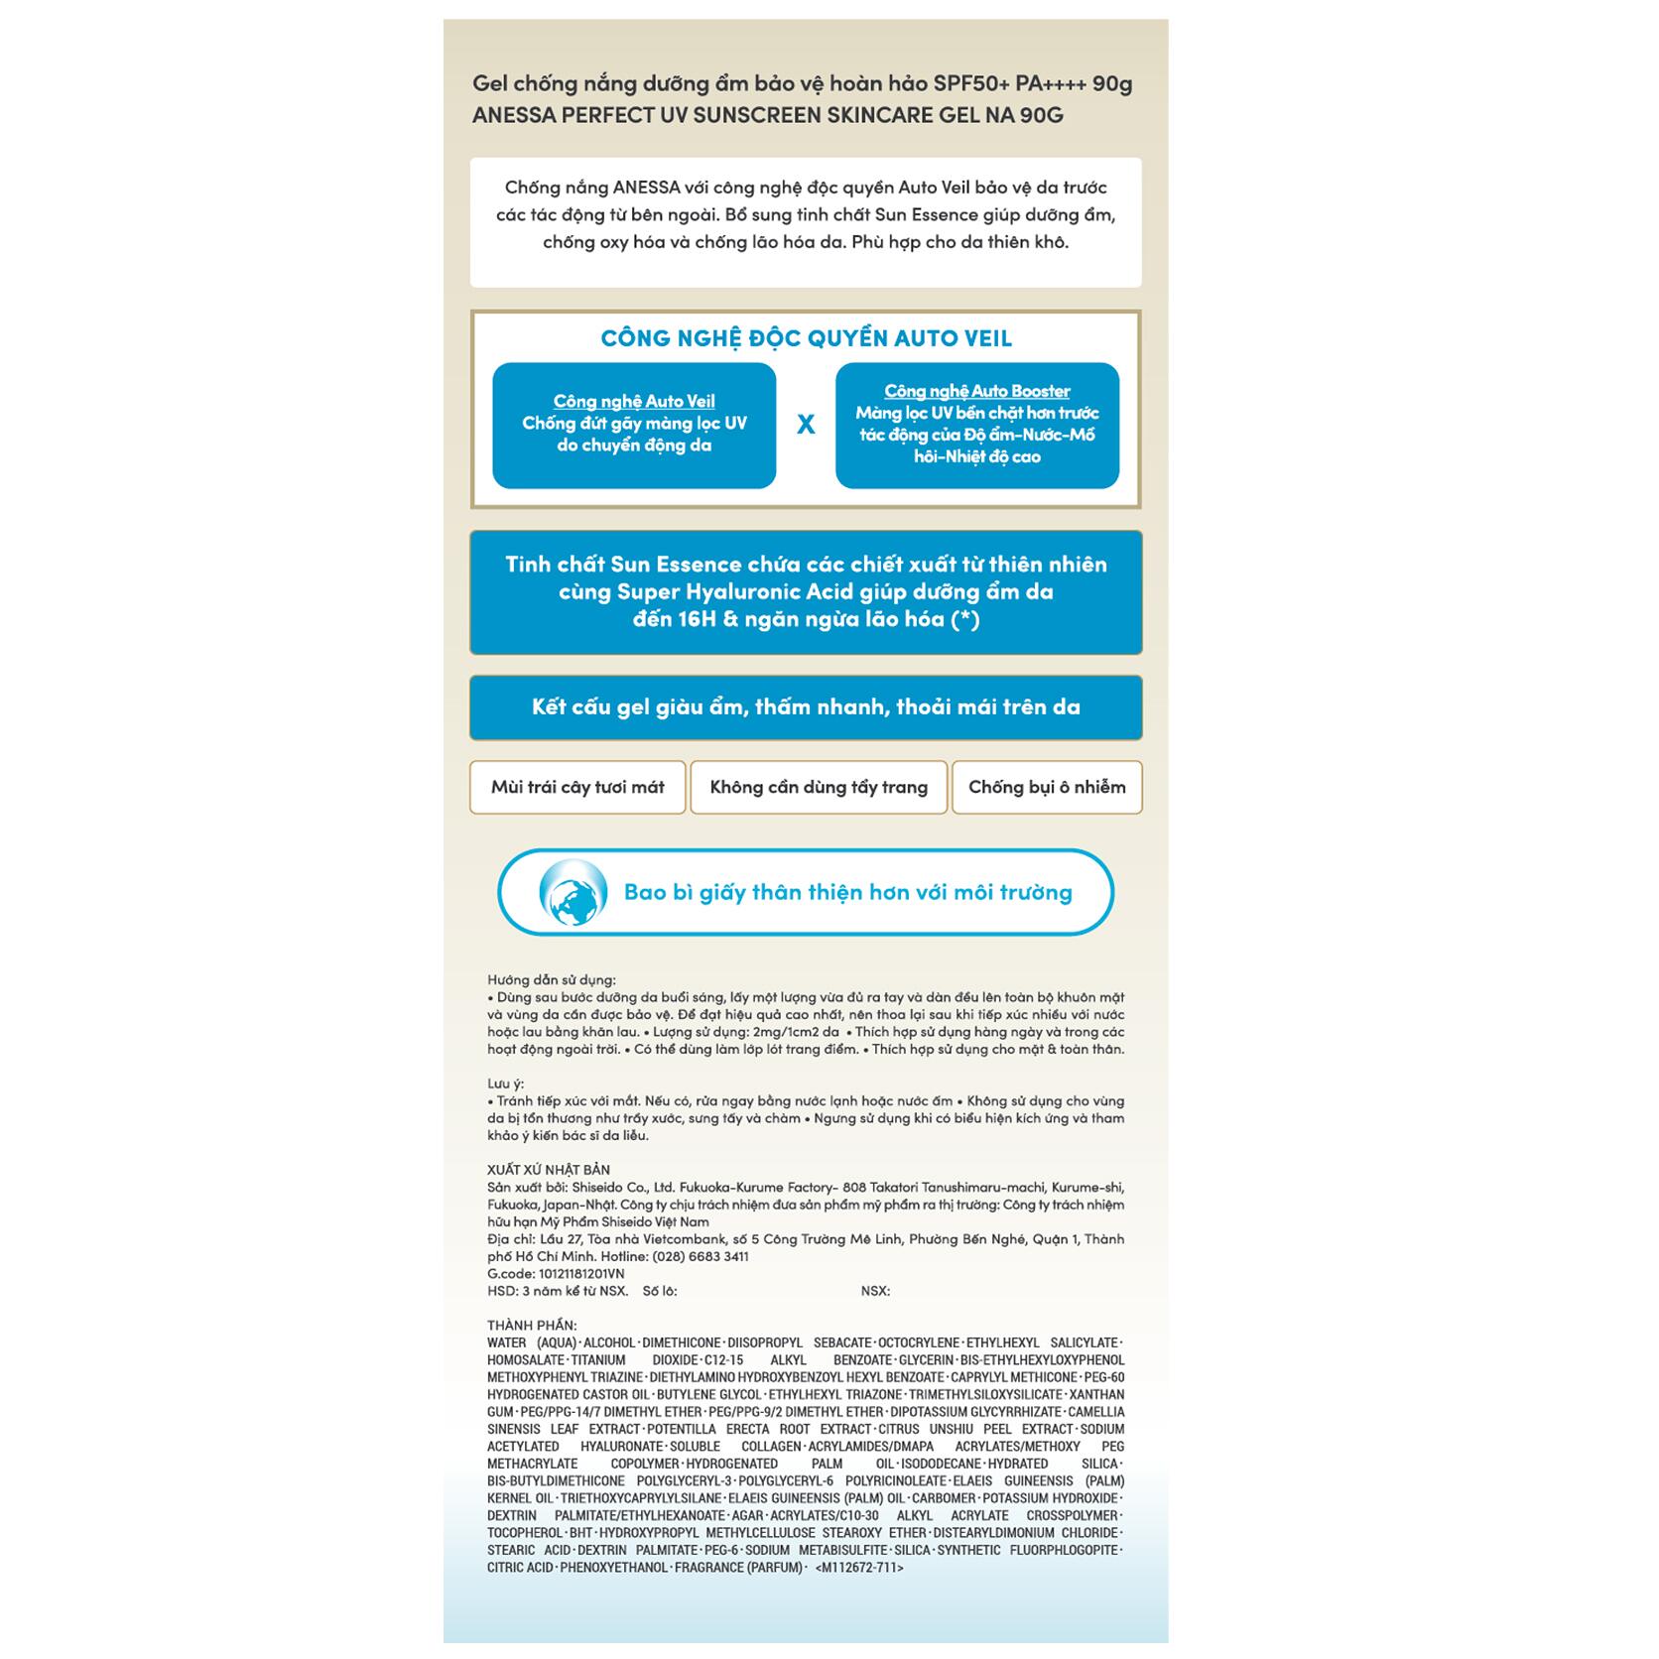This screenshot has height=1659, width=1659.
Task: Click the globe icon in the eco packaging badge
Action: click(573, 892)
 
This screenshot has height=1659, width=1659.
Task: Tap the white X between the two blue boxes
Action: click(806, 425)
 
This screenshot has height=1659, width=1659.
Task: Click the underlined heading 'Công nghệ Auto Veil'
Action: click(634, 401)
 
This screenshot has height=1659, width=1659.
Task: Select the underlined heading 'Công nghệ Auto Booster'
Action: click(977, 391)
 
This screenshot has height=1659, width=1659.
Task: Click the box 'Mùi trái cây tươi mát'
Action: click(577, 787)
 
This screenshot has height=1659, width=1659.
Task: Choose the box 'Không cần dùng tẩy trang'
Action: click(819, 787)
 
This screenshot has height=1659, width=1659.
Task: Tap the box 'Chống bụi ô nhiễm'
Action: click(1047, 787)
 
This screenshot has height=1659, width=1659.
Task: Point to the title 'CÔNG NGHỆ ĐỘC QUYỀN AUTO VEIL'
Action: click(806, 338)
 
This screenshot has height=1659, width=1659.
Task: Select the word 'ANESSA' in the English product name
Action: click(514, 115)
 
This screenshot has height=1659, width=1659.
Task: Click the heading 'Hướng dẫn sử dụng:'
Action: click(551, 979)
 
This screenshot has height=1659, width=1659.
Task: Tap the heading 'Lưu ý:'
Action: click(505, 1084)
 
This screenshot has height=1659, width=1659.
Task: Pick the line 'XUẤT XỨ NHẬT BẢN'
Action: click(549, 1170)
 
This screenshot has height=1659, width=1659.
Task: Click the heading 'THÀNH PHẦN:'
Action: click(532, 1326)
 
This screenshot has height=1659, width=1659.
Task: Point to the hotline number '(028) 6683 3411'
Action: click(700, 1256)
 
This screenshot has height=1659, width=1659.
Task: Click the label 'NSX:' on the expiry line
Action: click(875, 1291)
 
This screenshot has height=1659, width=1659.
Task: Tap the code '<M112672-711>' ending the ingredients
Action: click(859, 1568)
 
